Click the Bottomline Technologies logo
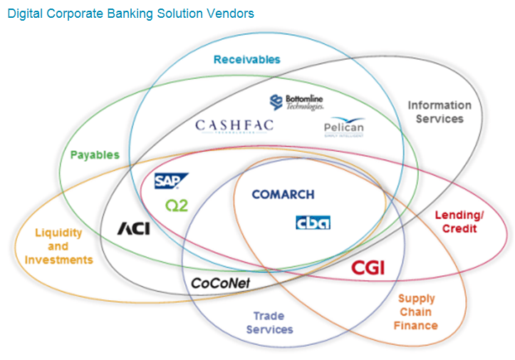point(297,103)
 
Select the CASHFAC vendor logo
point(234,126)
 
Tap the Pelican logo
point(343,128)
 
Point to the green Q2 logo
point(176,205)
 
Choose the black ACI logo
point(133,229)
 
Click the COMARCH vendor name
point(283,195)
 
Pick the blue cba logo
point(313,223)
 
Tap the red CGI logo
point(368,268)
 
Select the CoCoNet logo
point(220,283)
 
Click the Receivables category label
point(246,60)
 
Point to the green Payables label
point(95,155)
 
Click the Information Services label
point(439,112)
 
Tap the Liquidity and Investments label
point(58,247)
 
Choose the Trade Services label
point(269,323)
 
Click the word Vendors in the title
point(228,14)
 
